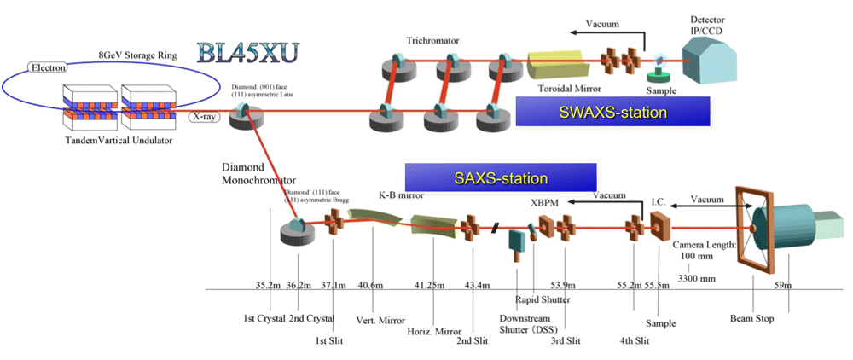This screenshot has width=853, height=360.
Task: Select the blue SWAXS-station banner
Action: (612, 112)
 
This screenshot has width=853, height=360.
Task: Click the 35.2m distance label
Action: (270, 286)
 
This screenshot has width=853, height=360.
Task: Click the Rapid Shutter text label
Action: (543, 299)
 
